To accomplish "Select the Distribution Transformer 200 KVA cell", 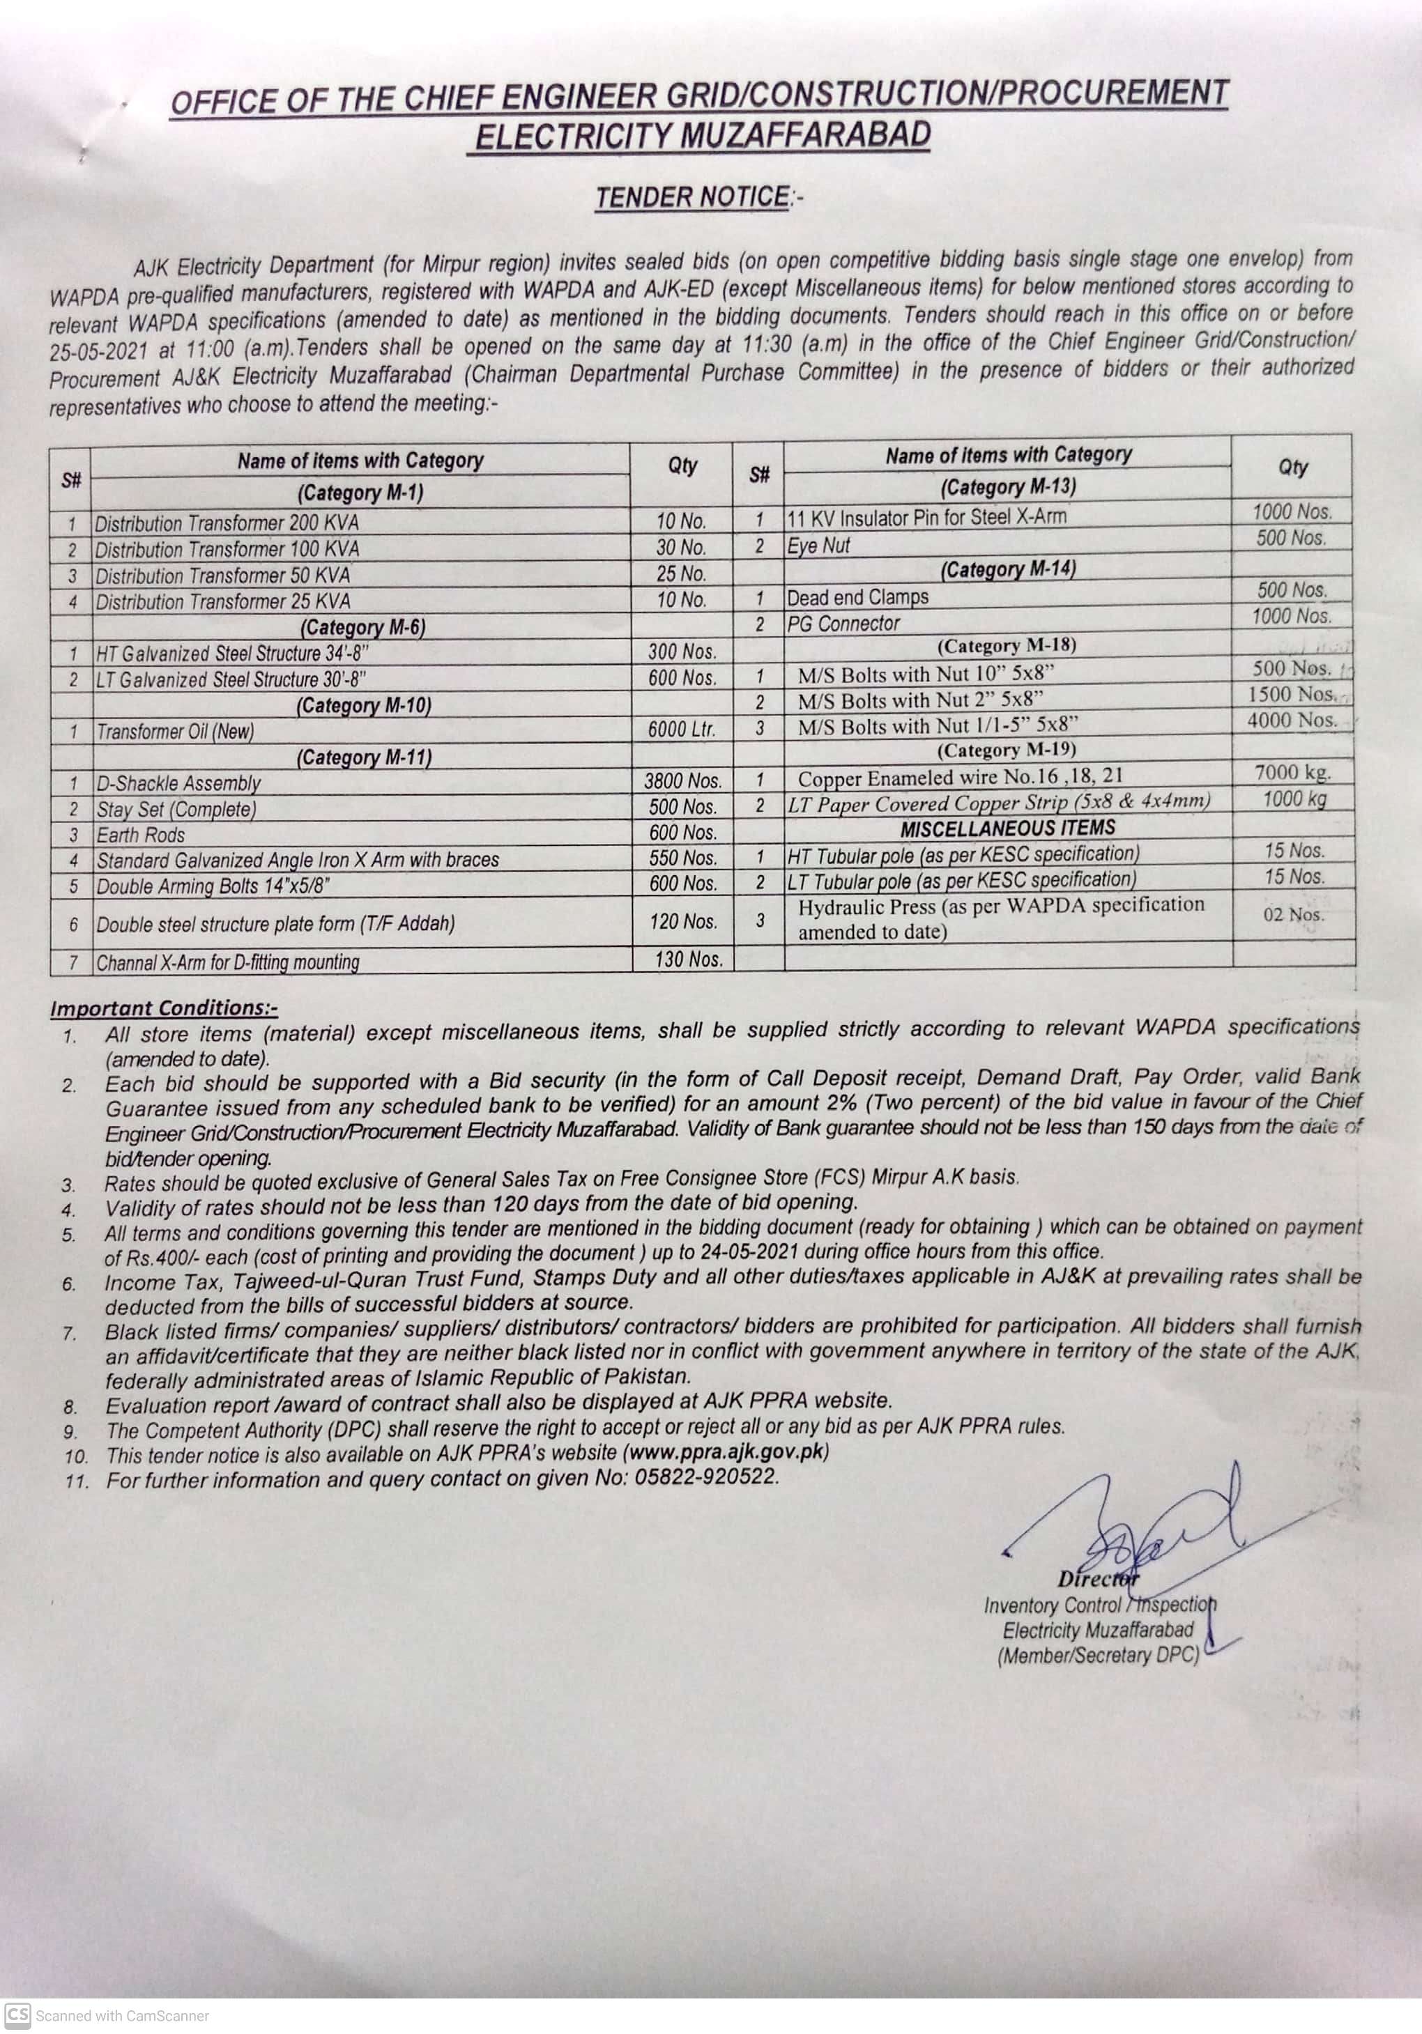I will coord(227,523).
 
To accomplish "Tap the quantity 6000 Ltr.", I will coord(681,729).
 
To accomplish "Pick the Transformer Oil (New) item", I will coord(176,731).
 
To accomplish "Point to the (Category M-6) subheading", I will coord(362,627).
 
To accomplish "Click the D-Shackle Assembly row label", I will coord(179,783).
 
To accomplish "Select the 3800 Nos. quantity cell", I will coord(682,780).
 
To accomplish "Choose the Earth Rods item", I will coord(141,835).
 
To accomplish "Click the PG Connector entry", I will coord(843,624).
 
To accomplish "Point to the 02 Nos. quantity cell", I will coord(1294,914).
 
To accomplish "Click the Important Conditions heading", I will coord(164,1008).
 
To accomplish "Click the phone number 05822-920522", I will coord(706,1477).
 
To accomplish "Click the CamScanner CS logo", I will coord(17,2015).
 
